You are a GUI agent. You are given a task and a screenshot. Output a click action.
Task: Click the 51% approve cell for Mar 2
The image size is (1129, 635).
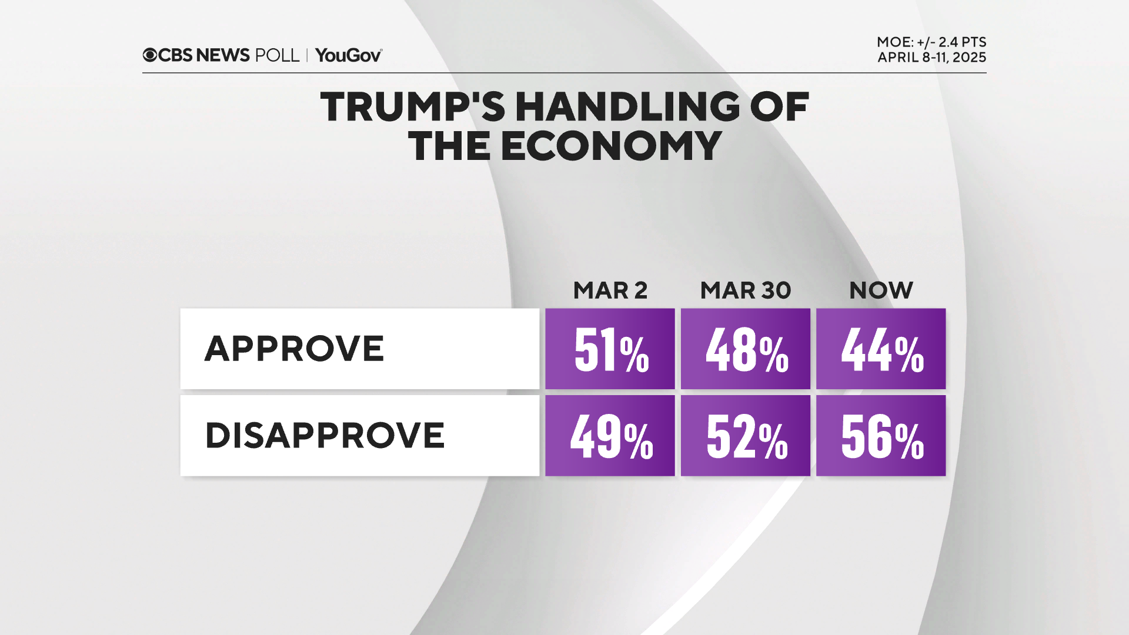(610, 349)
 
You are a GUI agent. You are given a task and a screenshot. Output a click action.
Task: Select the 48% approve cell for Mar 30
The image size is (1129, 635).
(745, 349)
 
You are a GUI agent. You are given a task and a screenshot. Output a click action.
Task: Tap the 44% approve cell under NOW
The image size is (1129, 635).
(881, 349)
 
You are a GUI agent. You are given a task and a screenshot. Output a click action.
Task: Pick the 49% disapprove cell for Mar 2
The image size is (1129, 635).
(610, 436)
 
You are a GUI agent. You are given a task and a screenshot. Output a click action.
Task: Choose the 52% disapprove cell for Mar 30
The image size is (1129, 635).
(745, 436)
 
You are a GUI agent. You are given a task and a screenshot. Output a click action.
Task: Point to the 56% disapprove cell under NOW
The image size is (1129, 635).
(881, 436)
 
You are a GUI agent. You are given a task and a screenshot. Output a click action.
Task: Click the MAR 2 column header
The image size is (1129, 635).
(610, 290)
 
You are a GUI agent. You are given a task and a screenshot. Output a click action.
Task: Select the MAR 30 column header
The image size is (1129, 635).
(745, 290)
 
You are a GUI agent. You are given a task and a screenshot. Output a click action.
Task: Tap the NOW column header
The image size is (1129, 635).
(881, 290)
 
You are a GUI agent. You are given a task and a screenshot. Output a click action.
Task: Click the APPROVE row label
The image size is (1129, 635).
(294, 349)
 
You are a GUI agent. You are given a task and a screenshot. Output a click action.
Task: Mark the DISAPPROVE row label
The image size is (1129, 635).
(325, 436)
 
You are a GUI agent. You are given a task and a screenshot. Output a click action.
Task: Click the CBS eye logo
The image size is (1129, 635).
(150, 55)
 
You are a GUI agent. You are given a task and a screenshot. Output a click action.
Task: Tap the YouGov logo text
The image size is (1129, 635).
(348, 55)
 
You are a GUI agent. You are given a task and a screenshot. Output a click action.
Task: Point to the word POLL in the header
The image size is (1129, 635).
(277, 55)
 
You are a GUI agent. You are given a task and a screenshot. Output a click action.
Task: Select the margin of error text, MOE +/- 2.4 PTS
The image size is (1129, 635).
(931, 42)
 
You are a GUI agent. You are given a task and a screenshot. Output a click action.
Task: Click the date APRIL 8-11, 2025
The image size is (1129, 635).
(931, 58)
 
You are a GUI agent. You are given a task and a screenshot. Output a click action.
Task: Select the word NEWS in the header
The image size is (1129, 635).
(223, 55)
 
